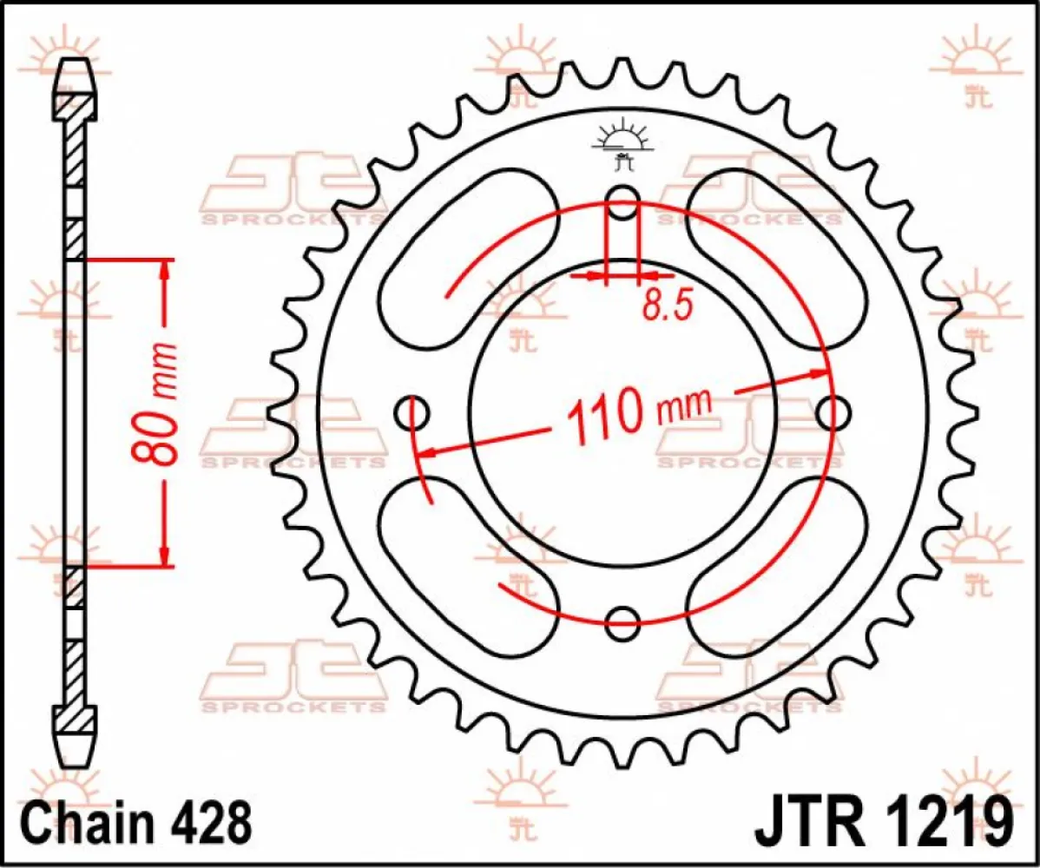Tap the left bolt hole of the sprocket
(x=413, y=412)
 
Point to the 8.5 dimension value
(x=667, y=305)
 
